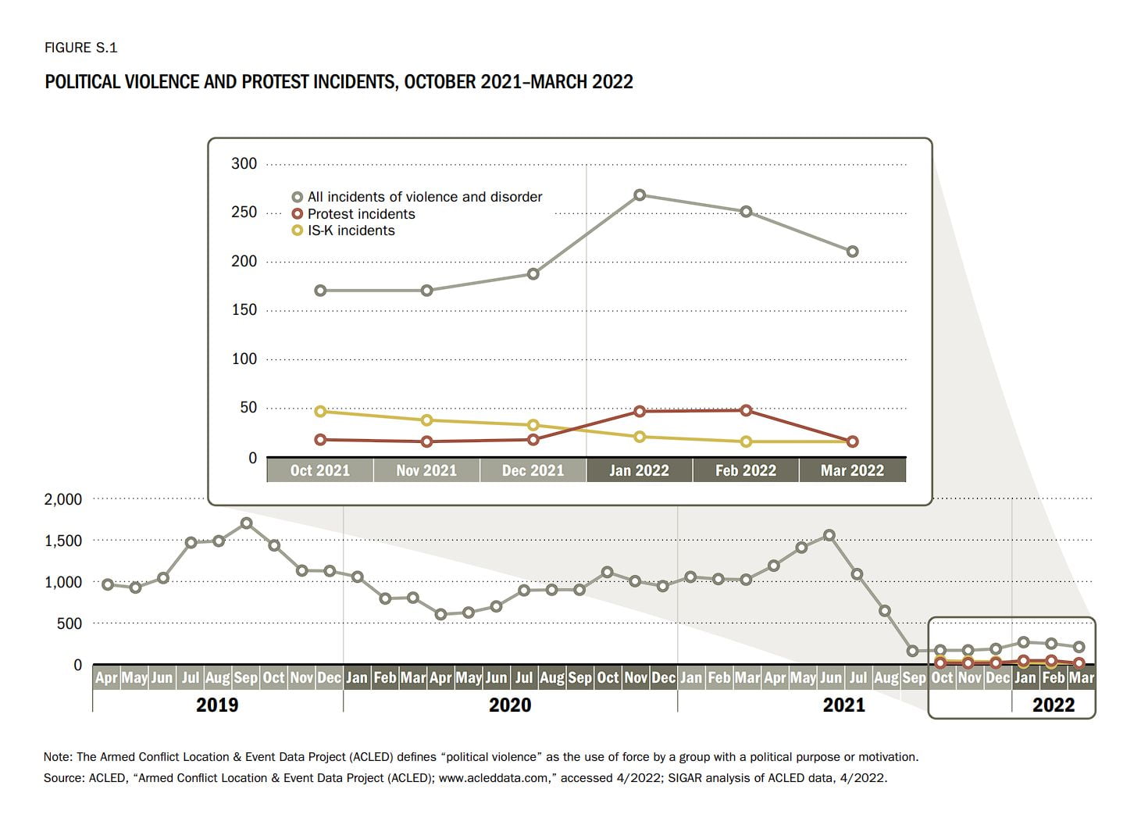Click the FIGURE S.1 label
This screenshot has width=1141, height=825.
tap(80, 48)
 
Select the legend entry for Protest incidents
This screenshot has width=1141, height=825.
tap(361, 214)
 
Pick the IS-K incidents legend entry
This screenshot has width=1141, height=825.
tap(351, 230)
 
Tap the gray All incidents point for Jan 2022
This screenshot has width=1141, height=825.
tap(640, 195)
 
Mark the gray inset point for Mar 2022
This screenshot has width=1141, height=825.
tap(853, 252)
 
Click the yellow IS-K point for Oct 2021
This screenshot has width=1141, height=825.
tap(320, 411)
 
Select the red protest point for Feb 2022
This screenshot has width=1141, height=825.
tap(746, 410)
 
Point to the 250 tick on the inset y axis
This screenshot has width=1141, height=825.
tap(244, 212)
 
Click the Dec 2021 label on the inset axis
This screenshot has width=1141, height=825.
tap(533, 470)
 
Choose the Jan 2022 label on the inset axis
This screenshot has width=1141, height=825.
tap(639, 470)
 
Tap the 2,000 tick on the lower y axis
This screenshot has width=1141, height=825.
tap(63, 499)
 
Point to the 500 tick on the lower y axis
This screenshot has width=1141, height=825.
tap(69, 623)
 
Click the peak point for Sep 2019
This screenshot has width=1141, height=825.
tap(246, 523)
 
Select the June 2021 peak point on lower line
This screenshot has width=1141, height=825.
tap(829, 535)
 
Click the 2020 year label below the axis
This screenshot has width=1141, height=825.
tap(509, 705)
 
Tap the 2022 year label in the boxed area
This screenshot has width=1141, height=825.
tap(1053, 705)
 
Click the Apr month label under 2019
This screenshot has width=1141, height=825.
tap(106, 677)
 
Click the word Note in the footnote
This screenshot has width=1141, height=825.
tap(57, 756)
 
